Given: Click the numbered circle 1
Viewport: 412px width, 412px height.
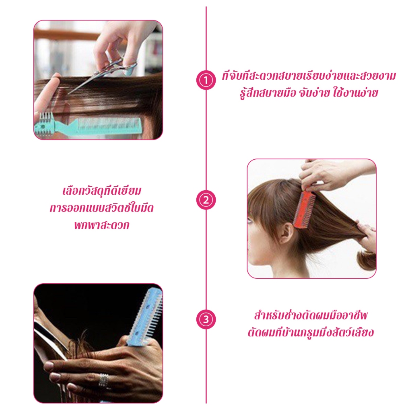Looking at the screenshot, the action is point(206,80).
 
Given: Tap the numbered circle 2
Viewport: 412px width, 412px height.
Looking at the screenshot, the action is point(206,200).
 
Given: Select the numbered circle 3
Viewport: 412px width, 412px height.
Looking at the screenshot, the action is point(206,319).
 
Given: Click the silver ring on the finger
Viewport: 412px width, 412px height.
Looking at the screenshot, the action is point(103,380).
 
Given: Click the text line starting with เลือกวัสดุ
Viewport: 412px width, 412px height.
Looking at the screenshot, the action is point(102,190).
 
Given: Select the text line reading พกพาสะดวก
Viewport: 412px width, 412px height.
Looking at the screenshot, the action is point(102,225).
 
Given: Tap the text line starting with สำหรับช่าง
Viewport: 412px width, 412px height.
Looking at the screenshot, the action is point(311,315).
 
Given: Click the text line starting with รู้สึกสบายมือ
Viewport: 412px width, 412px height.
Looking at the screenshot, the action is point(309,93).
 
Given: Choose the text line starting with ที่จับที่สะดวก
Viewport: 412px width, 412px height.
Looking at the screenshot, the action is point(309,76).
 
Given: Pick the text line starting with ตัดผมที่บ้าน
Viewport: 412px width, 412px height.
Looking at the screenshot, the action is point(311,332).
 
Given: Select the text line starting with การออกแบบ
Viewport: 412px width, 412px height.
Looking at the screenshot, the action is point(102,208).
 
